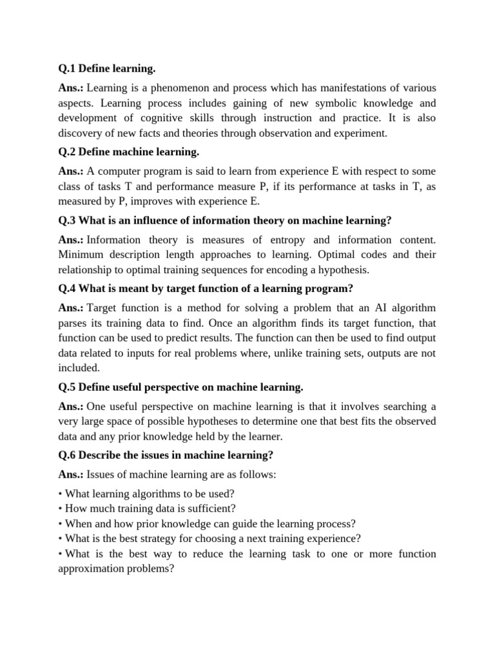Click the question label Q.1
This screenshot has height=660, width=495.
pos(66,68)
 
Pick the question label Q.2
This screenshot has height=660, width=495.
pos(66,152)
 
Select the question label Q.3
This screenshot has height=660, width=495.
pos(66,220)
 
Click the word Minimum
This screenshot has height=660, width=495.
pos(81,255)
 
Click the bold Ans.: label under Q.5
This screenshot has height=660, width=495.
pos(71,407)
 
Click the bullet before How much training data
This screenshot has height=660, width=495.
pos(61,509)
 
